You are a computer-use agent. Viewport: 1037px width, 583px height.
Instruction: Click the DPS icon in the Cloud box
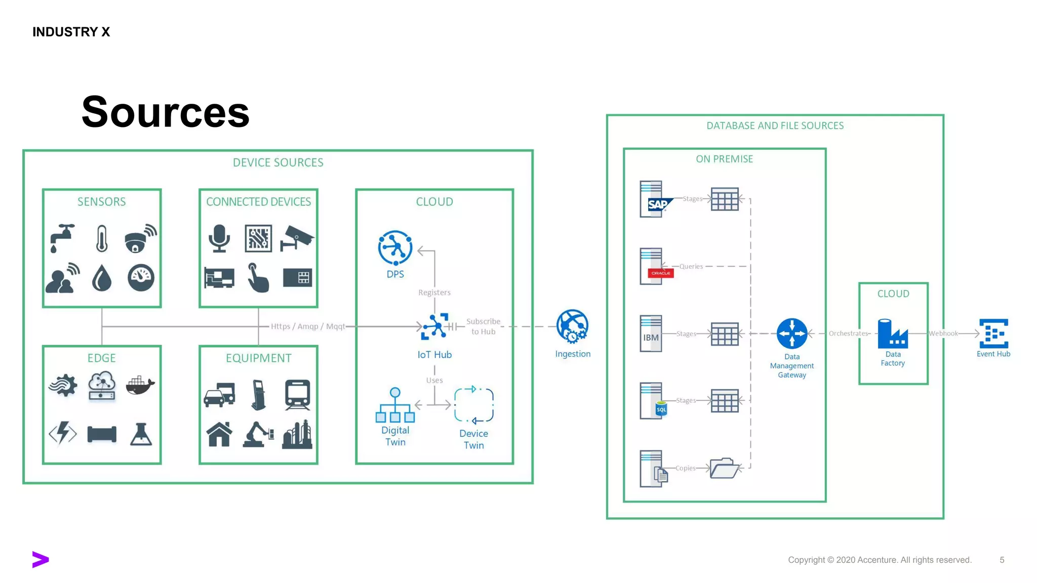click(x=395, y=248)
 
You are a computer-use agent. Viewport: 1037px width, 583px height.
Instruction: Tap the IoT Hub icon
click(x=434, y=326)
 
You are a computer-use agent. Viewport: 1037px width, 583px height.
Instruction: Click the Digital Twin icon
click(x=395, y=405)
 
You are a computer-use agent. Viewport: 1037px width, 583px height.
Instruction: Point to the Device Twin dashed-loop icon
click(x=473, y=405)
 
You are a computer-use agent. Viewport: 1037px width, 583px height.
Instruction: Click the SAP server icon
click(x=654, y=199)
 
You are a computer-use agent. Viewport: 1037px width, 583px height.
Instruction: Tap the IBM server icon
click(x=651, y=334)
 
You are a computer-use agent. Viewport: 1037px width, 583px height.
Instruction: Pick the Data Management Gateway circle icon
click(x=792, y=334)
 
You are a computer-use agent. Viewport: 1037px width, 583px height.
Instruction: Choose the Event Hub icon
click(x=993, y=334)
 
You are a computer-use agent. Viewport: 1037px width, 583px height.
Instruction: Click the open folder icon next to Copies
click(x=724, y=468)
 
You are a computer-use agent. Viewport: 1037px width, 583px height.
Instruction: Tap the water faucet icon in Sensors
click(x=62, y=237)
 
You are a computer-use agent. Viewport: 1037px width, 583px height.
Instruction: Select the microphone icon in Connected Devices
click(x=219, y=238)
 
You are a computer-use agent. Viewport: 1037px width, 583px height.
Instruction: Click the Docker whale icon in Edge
click(x=140, y=386)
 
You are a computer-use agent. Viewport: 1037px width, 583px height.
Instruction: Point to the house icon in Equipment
click(x=219, y=434)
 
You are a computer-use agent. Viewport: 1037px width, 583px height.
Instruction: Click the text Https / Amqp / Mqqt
click(x=307, y=326)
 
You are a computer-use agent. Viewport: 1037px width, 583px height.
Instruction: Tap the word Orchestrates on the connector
click(x=848, y=334)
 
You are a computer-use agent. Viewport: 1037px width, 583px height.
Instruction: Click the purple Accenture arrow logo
click(x=40, y=559)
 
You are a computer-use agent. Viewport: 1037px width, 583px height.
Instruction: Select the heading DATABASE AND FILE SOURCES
click(x=775, y=126)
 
